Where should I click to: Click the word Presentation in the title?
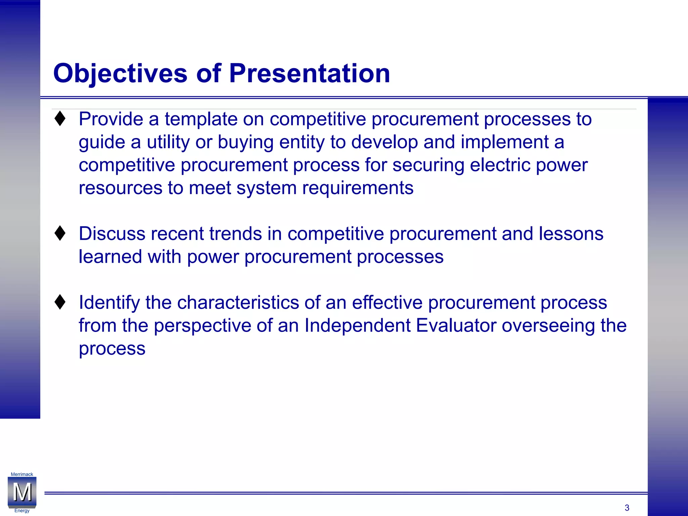click(309, 73)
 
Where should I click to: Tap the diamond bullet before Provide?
click(60, 119)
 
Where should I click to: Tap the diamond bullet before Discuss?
click(60, 233)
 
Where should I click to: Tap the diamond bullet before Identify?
click(60, 302)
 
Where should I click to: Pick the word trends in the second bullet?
click(235, 234)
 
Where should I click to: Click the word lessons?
click(571, 234)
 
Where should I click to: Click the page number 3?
click(627, 508)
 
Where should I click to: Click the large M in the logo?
click(22, 492)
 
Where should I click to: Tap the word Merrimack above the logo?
click(22, 474)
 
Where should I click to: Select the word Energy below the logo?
click(22, 511)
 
